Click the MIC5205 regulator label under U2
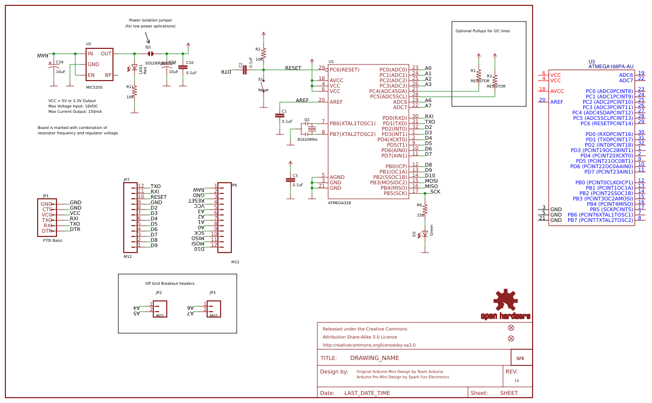coord(94,87)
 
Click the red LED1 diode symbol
coord(134,68)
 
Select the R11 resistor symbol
coord(134,91)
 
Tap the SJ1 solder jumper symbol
coord(151,54)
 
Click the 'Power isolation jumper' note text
coord(151,20)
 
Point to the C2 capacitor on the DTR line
coord(244,69)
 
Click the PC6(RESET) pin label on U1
coord(344,69)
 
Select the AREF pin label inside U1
coord(336,102)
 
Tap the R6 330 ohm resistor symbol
coord(425,209)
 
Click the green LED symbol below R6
coord(425,233)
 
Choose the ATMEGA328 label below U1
coord(339,203)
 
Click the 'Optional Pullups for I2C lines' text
coord(483,31)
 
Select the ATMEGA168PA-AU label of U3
coord(611,67)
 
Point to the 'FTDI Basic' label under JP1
coord(53,240)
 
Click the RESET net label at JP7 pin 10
coord(159,197)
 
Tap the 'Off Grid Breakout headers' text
coord(169,283)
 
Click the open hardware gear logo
coord(506,301)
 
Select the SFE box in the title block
coord(520,358)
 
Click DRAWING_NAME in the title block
coord(374,358)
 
